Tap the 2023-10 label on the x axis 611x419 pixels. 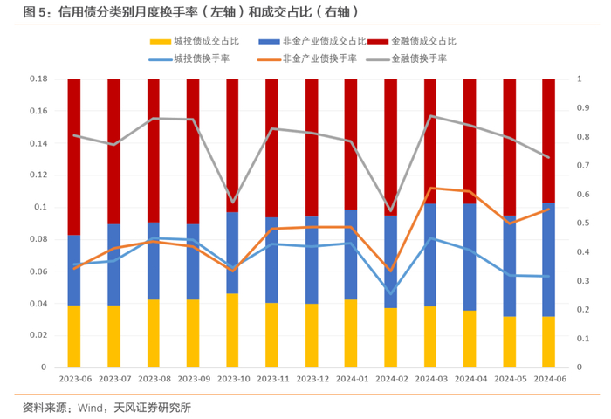coord(233,379)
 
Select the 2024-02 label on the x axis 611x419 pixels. coord(391,379)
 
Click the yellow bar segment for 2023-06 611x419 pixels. coord(74,336)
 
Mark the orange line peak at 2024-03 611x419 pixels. coord(430,188)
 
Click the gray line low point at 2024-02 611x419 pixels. coord(391,210)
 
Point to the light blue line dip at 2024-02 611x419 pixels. coord(391,292)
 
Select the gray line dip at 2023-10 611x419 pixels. coord(233,202)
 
